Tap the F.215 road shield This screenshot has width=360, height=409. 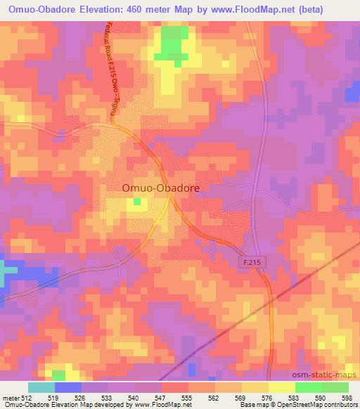pos(251,261)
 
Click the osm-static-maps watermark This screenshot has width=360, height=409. pos(330,377)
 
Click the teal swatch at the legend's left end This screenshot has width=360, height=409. pos(41,387)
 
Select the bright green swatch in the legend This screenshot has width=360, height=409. pos(308,387)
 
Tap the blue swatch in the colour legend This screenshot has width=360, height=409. pos(67,387)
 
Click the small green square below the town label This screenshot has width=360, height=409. pos(137,202)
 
